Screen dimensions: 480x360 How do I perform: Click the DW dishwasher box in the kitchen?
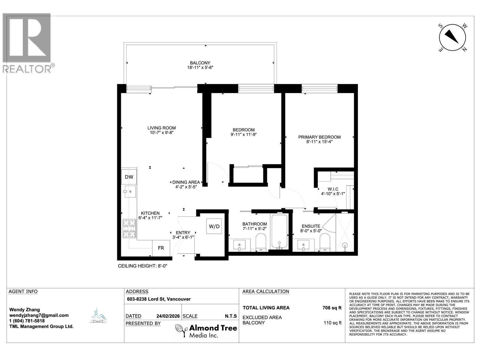[x=129, y=177]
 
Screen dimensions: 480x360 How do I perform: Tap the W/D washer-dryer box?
[x=214, y=226]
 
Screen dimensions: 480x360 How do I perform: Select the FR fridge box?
[x=161, y=248]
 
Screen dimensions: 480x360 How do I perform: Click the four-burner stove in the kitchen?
[x=130, y=228]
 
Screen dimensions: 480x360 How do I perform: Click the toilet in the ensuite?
[x=325, y=242]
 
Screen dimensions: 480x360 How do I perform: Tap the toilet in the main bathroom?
[x=261, y=242]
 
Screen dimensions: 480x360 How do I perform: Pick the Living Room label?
[x=161, y=128]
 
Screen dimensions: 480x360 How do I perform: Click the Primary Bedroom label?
[x=319, y=137]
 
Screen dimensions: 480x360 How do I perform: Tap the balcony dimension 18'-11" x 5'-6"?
[x=200, y=67]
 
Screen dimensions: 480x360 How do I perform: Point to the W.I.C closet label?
[x=333, y=189]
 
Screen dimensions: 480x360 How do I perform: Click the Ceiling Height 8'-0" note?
[x=142, y=266]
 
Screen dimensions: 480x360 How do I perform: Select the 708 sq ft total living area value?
[x=332, y=308]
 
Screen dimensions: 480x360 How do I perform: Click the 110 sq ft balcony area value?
[x=332, y=323]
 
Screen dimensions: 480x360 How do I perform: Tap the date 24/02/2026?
[x=168, y=316]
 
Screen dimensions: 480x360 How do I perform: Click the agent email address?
[x=39, y=315]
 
